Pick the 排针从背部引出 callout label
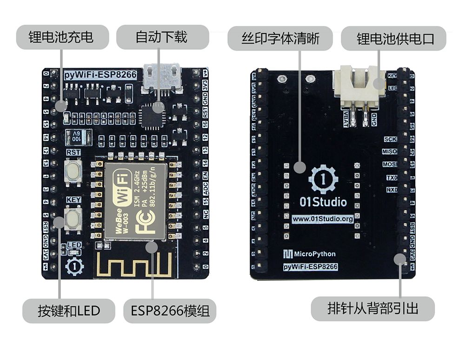coord(372,308)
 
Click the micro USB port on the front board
coord(161,77)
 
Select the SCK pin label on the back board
coord(390,139)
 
